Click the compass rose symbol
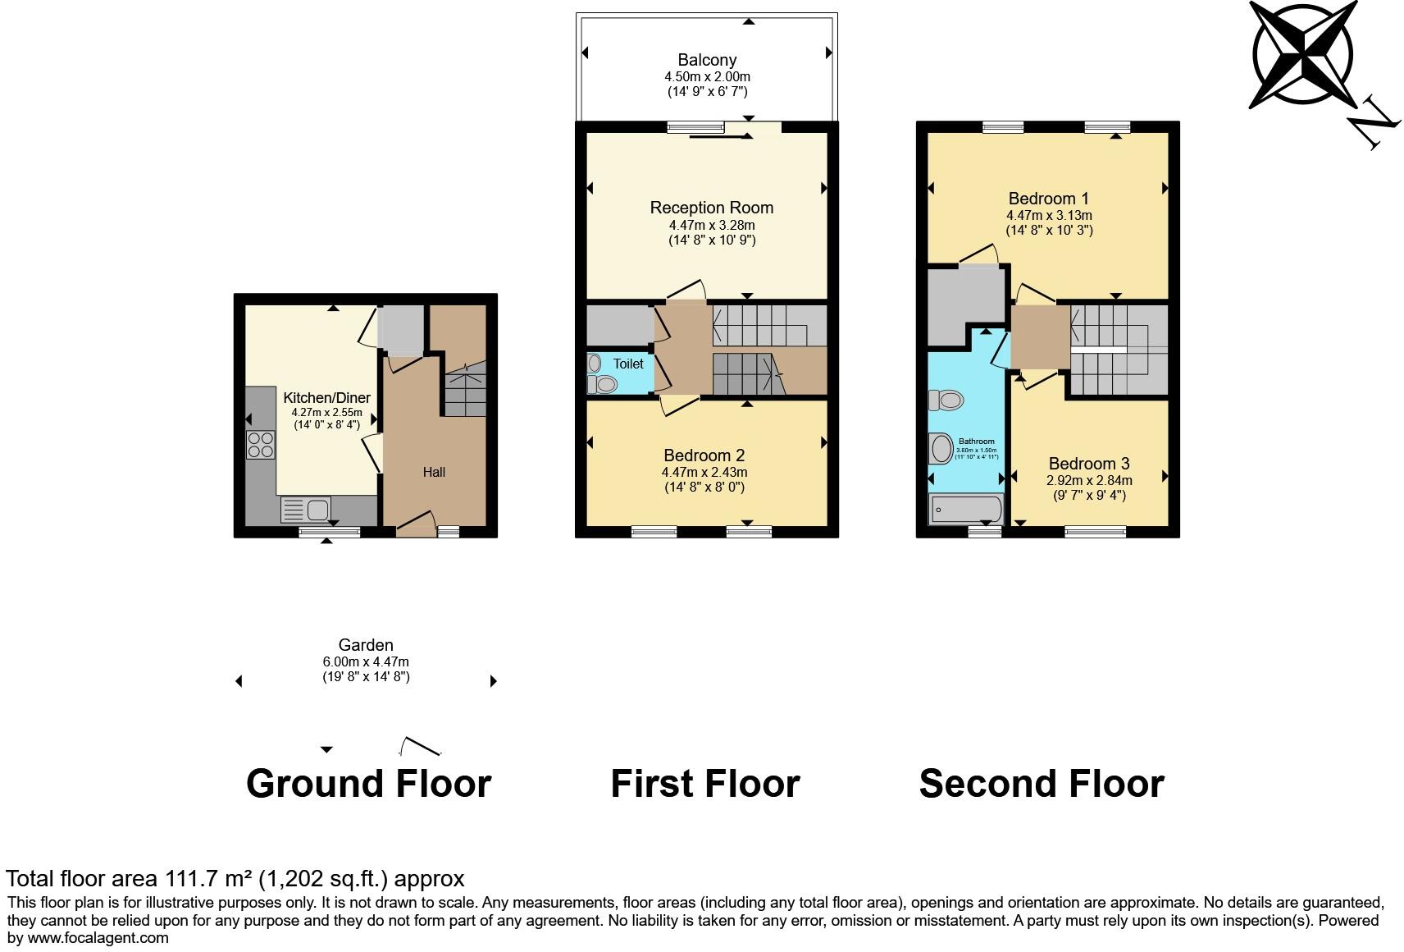[1302, 53]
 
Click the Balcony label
[706, 60]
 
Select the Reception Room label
[711, 208]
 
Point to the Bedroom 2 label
[704, 455]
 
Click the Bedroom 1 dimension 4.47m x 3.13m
[1049, 216]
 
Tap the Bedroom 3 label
[1088, 464]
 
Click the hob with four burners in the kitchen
[261, 444]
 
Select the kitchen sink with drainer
[305, 510]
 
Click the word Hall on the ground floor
[434, 472]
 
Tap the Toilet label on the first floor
[628, 364]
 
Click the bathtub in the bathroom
[965, 510]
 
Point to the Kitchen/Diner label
[326, 398]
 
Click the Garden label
[366, 645]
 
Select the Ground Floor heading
[368, 784]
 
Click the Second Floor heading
[1041, 784]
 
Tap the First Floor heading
[704, 784]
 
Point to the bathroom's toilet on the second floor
[946, 400]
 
